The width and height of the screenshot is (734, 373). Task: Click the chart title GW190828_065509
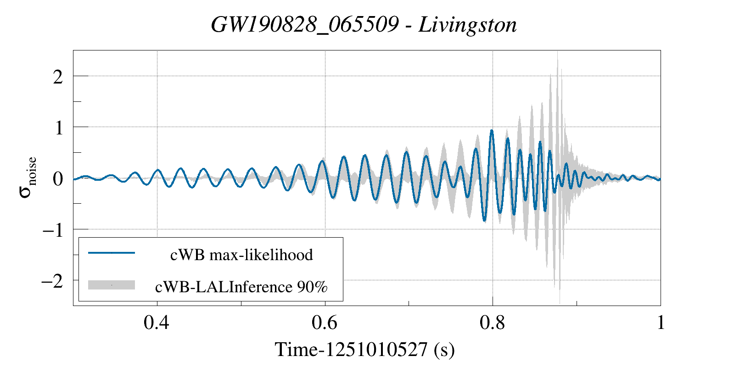[x=304, y=25]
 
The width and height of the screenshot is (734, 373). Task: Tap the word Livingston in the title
[x=467, y=25]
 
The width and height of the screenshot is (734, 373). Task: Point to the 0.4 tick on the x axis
[x=156, y=323]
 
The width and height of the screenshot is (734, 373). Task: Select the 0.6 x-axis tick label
[x=324, y=323]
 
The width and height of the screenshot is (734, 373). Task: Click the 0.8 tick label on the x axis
[x=492, y=323]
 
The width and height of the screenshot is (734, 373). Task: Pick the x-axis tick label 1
[x=661, y=323]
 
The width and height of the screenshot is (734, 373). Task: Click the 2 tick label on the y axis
[x=58, y=77]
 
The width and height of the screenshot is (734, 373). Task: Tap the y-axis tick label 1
[x=58, y=128]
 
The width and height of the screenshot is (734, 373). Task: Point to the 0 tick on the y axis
[x=58, y=179]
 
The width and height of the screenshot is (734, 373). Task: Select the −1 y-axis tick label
[x=53, y=230]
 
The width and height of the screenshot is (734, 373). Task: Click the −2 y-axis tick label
[x=52, y=281]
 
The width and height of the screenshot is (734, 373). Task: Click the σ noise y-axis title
[x=28, y=178]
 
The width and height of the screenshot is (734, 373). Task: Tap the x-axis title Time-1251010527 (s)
[x=364, y=350]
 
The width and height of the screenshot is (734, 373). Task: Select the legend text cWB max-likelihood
[x=241, y=255]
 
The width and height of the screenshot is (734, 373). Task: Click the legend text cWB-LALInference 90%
[x=241, y=287]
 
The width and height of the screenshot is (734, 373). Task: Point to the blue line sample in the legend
[x=112, y=253]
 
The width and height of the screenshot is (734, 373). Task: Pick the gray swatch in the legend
[x=112, y=285]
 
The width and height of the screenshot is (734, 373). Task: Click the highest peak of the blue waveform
[x=492, y=131]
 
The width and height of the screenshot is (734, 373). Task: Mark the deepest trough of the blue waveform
[x=484, y=221]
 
